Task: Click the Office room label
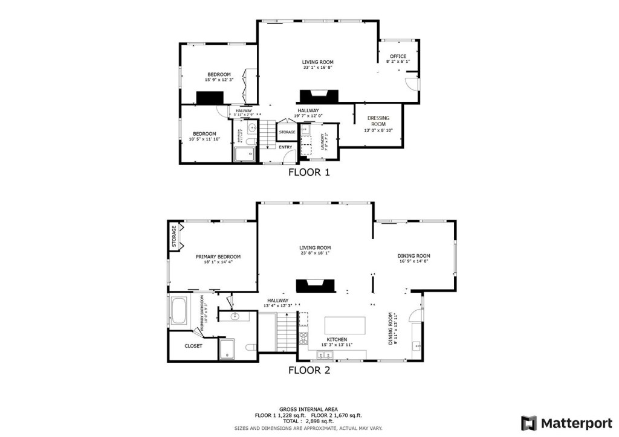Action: (x=398, y=56)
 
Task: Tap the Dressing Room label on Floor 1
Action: (x=378, y=121)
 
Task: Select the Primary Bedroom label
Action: (x=218, y=257)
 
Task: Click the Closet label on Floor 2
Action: (x=193, y=346)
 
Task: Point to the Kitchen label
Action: (x=337, y=340)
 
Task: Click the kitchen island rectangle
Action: (x=345, y=325)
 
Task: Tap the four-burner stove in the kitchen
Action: (x=303, y=337)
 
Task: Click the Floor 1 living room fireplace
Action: (x=319, y=96)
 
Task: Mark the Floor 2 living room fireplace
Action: (x=314, y=286)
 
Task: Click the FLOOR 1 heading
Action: (x=309, y=172)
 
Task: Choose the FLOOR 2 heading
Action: (x=309, y=370)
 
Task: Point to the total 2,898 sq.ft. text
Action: (x=308, y=421)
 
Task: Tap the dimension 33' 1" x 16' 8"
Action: (x=318, y=68)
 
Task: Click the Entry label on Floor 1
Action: (x=285, y=147)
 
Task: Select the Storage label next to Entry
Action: (x=287, y=132)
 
